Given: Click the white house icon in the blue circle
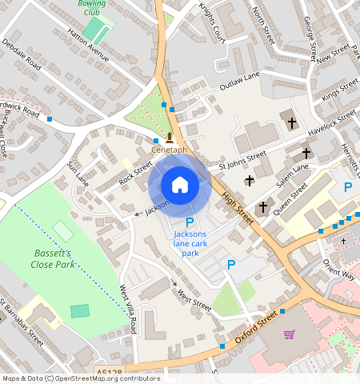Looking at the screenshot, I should point(180,185).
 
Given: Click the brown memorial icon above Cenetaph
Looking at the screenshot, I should point(169,137).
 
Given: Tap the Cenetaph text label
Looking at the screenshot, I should point(169,150).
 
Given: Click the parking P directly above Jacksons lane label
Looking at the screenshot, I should point(190,222).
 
